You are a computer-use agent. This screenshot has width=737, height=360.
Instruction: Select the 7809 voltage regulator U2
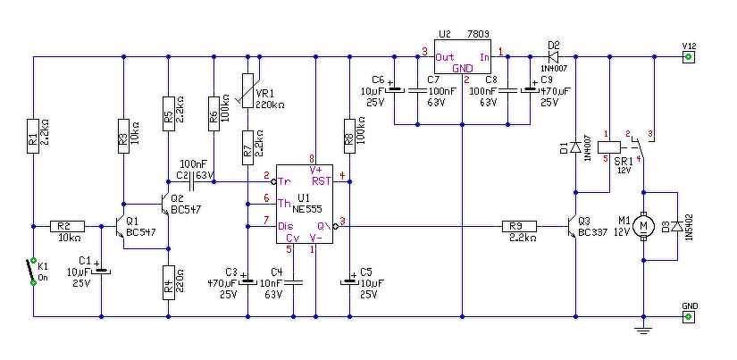point(463,60)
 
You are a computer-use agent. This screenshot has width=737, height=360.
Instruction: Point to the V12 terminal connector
point(688,57)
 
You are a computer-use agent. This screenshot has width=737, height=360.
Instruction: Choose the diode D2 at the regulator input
point(554,57)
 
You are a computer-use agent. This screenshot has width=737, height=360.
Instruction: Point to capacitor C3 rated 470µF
point(248,280)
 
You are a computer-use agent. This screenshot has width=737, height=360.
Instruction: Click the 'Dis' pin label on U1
point(286,226)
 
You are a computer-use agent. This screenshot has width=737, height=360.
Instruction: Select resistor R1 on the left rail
point(33,136)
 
